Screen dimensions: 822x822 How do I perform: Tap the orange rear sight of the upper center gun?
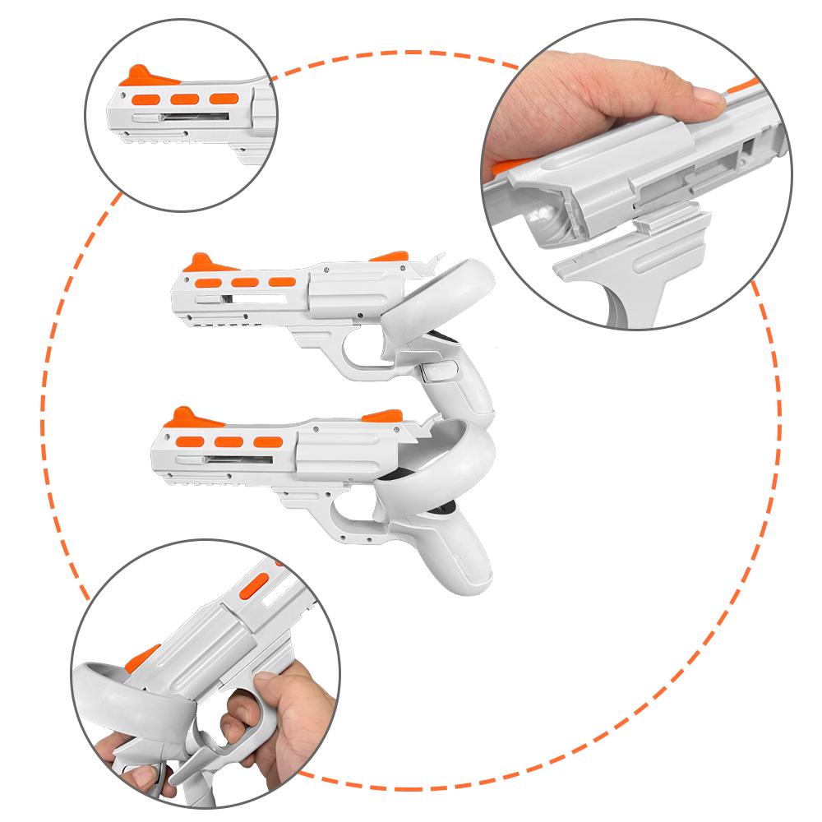point(387,257)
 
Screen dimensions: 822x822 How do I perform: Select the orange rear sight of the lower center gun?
point(381,416)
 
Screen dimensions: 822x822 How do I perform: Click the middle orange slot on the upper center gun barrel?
point(244,282)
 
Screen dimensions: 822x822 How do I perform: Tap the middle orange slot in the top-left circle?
point(184,98)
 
